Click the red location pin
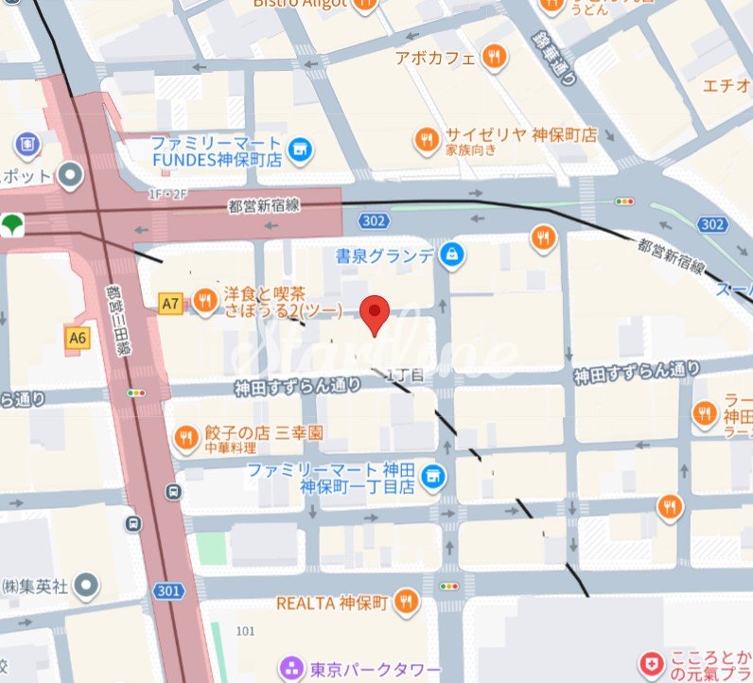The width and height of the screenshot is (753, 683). click(x=376, y=312)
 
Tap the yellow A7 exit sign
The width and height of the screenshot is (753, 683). click(x=169, y=304)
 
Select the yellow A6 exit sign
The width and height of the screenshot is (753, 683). click(x=78, y=337)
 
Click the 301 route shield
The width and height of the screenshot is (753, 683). click(x=168, y=591)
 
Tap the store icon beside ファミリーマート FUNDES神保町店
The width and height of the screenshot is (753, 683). click(x=301, y=148)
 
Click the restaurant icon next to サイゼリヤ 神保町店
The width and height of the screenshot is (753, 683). click(x=428, y=142)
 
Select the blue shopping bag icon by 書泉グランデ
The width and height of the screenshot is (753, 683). click(x=452, y=254)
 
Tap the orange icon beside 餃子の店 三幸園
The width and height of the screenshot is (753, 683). click(x=186, y=436)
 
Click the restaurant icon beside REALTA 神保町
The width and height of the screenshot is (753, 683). click(x=407, y=602)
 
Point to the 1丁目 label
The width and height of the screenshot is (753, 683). click(x=409, y=376)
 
